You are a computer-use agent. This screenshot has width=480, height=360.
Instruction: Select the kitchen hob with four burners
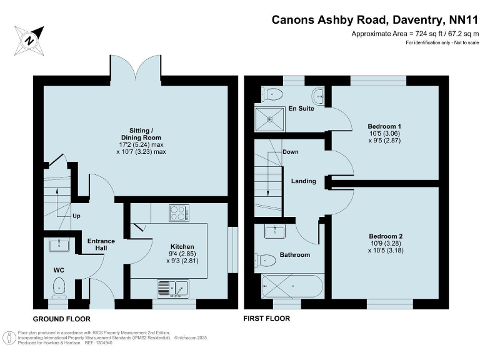point(179,213)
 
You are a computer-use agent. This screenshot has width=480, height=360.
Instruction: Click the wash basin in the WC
point(61,244)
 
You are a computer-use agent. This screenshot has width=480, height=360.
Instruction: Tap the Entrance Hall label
point(101,245)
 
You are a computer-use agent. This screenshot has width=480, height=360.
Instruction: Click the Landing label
point(303,181)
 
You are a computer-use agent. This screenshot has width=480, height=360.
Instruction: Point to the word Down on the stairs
point(290,152)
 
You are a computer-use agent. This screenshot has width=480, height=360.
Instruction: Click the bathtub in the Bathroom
point(292,288)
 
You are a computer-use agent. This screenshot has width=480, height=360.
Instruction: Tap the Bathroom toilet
point(266,259)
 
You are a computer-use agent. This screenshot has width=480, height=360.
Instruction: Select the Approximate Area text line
point(414,33)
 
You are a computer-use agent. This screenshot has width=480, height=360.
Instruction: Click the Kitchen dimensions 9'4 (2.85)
point(177,254)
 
